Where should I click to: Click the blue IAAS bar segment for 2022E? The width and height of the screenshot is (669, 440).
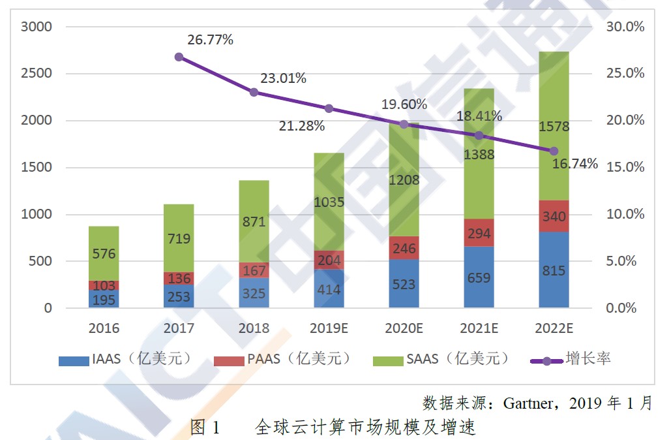pyautogui.click(x=554, y=270)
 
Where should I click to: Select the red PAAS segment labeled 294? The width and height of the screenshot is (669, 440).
pyautogui.click(x=479, y=233)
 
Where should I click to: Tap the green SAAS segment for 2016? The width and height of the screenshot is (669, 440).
pyautogui.click(x=104, y=253)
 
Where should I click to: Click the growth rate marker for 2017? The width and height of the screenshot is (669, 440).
pyautogui.click(x=179, y=57)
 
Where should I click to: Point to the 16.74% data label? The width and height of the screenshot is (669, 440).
pyautogui.click(x=574, y=164)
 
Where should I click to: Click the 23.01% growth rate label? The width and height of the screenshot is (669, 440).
pyautogui.click(x=283, y=78)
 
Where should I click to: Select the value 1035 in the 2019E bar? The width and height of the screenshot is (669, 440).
pyautogui.click(x=329, y=202)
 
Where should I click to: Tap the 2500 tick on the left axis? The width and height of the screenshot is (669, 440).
pyautogui.click(x=36, y=73)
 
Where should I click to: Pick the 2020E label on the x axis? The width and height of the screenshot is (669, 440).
pyautogui.click(x=404, y=328)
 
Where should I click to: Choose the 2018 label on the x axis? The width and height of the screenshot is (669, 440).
pyautogui.click(x=254, y=328)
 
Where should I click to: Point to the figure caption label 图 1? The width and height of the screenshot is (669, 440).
pyautogui.click(x=205, y=428)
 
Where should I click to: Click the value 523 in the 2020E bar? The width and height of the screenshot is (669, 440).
pyautogui.click(x=404, y=285)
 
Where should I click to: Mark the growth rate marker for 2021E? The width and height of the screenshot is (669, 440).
pyautogui.click(x=479, y=135)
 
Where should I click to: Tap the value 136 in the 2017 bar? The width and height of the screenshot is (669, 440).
pyautogui.click(x=179, y=278)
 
